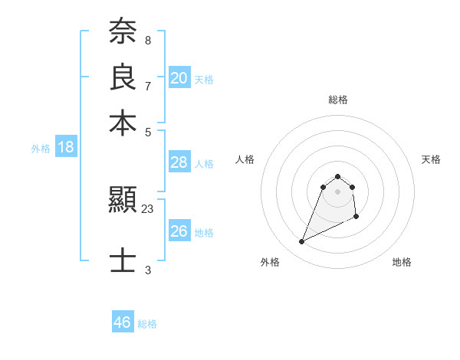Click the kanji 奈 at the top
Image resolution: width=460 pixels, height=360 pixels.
123,32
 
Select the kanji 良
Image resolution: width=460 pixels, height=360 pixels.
123,77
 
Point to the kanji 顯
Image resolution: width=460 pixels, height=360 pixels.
123,201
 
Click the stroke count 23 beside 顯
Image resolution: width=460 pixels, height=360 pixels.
148,208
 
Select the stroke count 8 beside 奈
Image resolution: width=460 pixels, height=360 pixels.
148,40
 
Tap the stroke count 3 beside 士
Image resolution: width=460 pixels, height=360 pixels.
148,270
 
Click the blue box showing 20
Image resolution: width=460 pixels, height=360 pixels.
179,78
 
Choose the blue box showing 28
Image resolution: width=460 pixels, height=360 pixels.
179,162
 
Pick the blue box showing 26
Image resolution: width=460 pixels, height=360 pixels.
179,231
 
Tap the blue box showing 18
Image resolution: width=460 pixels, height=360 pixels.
66,148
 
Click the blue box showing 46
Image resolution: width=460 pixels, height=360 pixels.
123,322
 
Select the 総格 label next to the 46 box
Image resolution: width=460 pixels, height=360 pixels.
147,324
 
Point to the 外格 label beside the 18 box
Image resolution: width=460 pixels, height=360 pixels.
41,149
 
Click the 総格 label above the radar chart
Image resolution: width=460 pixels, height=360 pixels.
337,100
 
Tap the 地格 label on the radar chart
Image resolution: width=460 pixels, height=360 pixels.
402,262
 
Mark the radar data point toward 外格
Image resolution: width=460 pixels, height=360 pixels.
301,242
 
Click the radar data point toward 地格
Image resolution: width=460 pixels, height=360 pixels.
356,218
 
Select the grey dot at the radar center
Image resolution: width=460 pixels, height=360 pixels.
337,191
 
